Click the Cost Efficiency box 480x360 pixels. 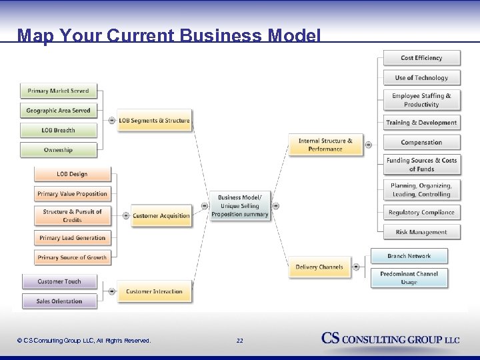click(421, 58)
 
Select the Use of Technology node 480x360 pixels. click(421, 78)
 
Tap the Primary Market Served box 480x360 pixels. click(58, 91)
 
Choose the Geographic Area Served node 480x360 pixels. click(58, 111)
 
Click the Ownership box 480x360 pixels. click(58, 150)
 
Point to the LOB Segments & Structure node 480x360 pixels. click(154, 121)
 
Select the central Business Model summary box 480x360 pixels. click(239, 206)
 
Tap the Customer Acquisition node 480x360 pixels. click(161, 215)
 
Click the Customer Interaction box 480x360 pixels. click(154, 291)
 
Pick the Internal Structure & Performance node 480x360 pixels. click(325, 145)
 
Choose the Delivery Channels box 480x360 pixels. click(319, 267)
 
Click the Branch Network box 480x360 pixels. click(409, 256)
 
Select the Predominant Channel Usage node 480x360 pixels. click(409, 278)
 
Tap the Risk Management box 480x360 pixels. click(421, 232)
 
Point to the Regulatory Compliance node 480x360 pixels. click(421, 213)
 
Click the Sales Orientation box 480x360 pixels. click(59, 301)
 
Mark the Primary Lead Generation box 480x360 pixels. click(72, 238)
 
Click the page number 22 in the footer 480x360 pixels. click(239, 341)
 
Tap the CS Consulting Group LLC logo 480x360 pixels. click(391, 339)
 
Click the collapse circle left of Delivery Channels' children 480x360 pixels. click(356, 267)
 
